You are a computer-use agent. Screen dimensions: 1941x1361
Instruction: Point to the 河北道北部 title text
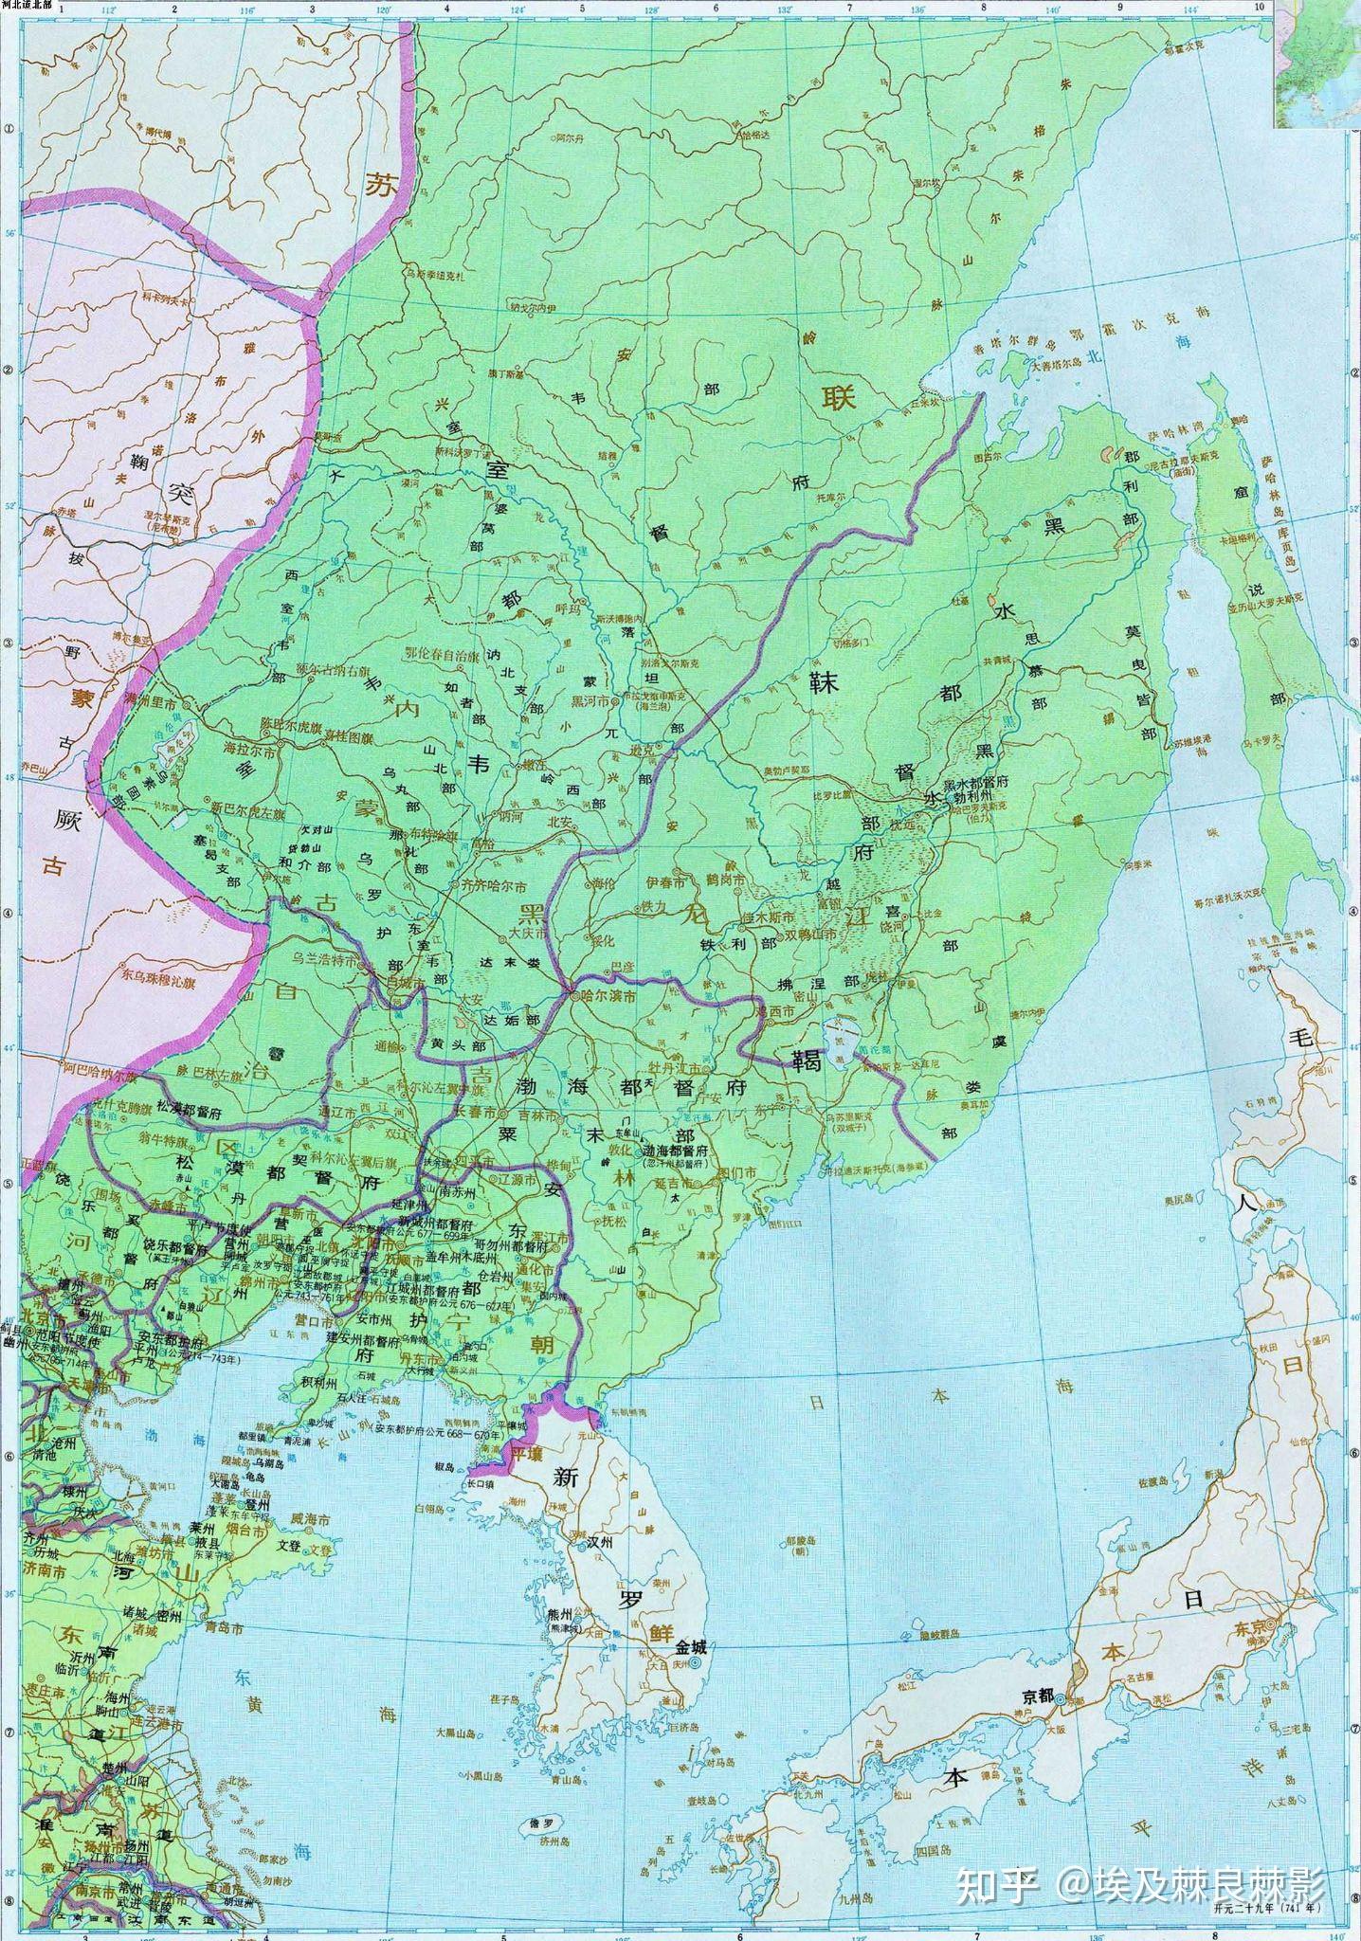tap(27, 6)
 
